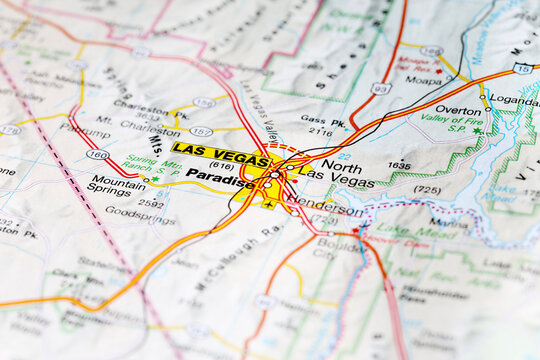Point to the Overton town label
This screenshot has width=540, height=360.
458,111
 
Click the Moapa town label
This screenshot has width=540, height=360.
423,80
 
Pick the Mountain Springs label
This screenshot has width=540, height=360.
117,185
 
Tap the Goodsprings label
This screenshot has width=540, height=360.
140,213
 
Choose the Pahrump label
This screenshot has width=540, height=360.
85,131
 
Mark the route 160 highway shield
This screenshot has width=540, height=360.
97,154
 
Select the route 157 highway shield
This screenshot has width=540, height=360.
201,131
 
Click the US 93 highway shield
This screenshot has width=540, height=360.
380,89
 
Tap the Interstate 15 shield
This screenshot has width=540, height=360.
522,68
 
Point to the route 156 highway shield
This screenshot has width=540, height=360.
204,102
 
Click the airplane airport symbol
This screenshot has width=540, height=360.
268,204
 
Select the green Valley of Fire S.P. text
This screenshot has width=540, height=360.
452,124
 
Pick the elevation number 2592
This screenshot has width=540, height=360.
151,203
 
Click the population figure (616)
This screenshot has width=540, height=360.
220,165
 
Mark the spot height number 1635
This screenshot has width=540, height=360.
399,165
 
